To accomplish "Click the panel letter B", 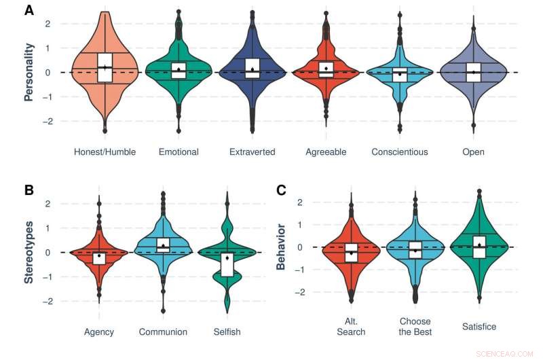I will [29, 190].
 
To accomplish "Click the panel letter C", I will [281, 190].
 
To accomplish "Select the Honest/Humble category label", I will [105, 152].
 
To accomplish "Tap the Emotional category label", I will [178, 152].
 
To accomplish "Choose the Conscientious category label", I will [400, 152].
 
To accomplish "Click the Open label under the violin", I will [474, 152].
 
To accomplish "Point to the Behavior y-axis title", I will [280, 245].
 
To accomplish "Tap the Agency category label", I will [99, 332].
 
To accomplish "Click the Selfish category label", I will [227, 332].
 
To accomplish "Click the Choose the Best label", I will [415, 327].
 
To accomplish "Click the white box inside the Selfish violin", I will [227, 264].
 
